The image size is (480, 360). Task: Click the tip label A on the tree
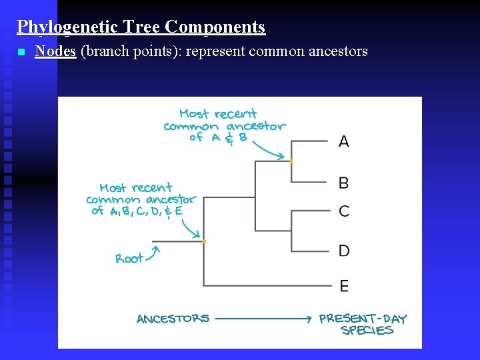coord(344,141)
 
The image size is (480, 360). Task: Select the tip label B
coord(344,183)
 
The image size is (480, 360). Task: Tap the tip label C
coord(344,211)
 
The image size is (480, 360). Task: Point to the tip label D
coord(344,251)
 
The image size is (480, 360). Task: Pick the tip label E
coord(344,286)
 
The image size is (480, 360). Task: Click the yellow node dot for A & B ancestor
coord(291,161)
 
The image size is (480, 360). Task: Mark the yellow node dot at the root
coord(204,241)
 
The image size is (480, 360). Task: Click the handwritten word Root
coord(129,259)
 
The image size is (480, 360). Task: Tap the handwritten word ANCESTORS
coord(173,319)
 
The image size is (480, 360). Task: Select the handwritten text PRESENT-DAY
coord(363,319)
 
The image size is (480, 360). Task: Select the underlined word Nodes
coord(55,51)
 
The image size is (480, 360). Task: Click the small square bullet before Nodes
coord(21,52)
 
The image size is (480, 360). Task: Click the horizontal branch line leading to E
coord(267,286)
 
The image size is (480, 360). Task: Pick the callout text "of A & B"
coord(218,137)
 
